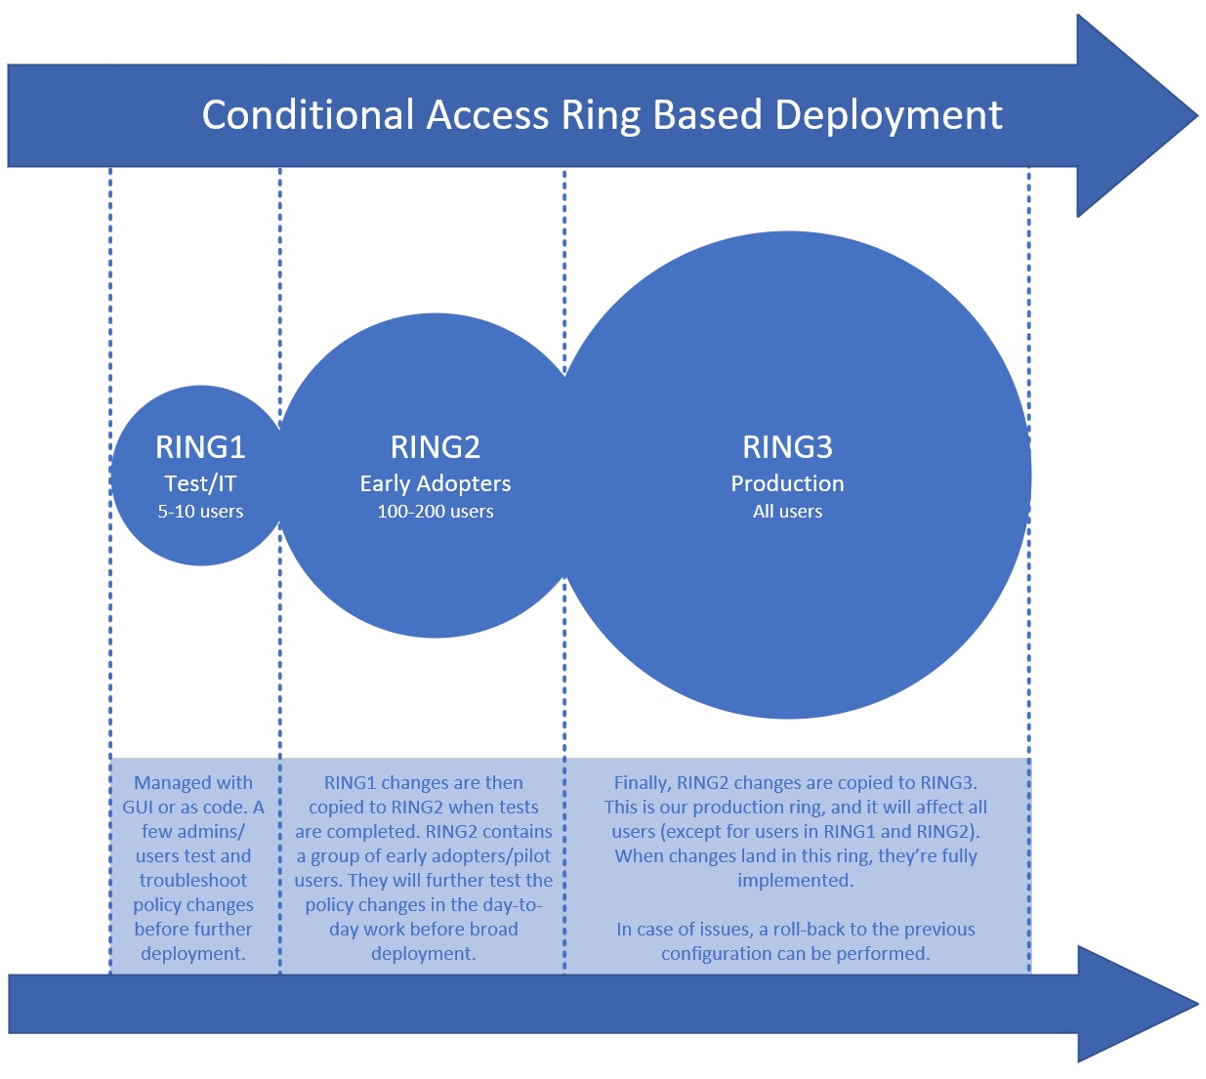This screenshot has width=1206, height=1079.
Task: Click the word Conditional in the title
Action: (309, 115)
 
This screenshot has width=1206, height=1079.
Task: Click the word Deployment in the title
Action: (889, 115)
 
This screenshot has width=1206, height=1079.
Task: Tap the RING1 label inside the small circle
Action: (200, 447)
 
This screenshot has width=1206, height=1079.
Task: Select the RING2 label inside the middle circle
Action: (436, 447)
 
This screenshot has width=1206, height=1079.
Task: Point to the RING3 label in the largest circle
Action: (787, 447)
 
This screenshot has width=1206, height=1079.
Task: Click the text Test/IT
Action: (200, 483)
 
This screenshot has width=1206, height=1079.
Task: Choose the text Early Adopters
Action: (436, 483)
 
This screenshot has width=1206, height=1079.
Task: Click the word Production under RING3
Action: (787, 483)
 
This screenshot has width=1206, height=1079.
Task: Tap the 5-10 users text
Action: (200, 512)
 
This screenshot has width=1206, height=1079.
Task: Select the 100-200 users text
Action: (436, 512)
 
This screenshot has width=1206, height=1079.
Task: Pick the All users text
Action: (787, 512)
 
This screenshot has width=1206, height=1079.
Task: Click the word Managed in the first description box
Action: (172, 783)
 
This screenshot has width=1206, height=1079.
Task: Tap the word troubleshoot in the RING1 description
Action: (193, 881)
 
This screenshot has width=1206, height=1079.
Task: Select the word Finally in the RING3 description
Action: (642, 783)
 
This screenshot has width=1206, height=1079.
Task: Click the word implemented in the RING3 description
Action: (794, 881)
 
